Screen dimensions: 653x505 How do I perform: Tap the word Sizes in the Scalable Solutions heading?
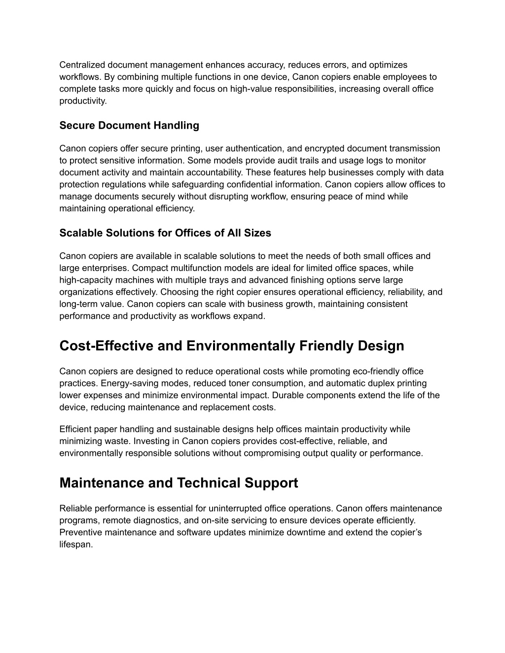(257, 233)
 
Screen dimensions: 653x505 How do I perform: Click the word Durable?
(289, 395)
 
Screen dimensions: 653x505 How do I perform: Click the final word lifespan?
(76, 545)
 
